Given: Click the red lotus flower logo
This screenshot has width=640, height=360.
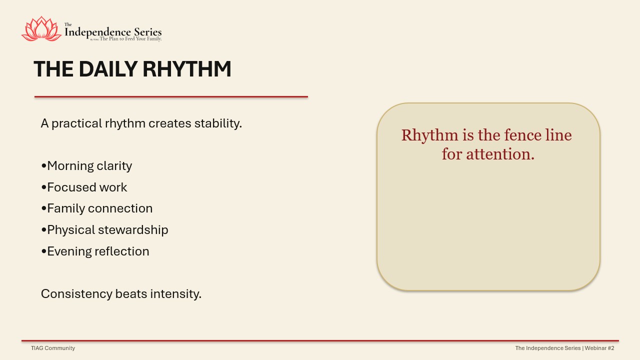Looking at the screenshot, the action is coord(41,29).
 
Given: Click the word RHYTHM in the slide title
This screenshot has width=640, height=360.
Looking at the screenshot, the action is coord(187,69).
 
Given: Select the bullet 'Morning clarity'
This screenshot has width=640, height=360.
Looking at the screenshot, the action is coord(86,166).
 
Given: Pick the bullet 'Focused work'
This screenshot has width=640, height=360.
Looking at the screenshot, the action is coord(84,187).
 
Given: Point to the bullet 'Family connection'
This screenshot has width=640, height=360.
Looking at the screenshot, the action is coord(97,209).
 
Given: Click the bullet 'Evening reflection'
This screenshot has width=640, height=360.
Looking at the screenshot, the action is coord(95,251).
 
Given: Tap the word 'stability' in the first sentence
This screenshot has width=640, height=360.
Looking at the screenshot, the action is coord(218,123).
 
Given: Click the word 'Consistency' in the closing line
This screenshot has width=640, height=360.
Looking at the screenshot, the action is coord(76,294).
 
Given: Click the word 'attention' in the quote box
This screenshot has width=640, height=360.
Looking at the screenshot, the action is coord(500,154).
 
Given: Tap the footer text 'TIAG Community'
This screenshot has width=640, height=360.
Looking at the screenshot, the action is coord(53,348).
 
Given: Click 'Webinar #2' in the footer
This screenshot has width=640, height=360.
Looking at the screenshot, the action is coord(599,348).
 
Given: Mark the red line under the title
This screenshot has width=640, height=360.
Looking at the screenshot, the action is coord(171,97).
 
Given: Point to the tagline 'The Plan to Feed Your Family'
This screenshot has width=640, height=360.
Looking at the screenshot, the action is coord(130,39).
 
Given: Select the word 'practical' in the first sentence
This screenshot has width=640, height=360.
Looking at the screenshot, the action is coord(76,123).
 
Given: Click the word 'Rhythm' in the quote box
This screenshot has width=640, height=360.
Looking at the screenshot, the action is coord(429,135).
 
